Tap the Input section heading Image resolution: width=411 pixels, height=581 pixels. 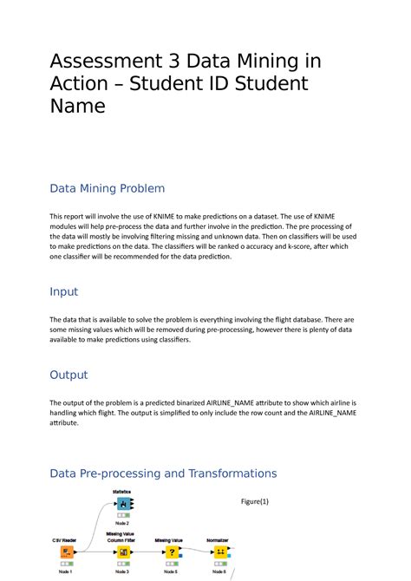(x=64, y=292)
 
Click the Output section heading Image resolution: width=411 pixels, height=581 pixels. (x=68, y=375)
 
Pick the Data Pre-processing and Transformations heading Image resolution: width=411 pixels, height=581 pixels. (x=163, y=473)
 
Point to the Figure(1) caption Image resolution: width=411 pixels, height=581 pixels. (x=255, y=501)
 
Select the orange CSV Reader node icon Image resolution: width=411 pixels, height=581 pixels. (x=66, y=552)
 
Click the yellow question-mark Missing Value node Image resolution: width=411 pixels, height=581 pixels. (x=171, y=552)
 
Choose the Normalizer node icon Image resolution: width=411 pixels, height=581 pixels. (x=220, y=552)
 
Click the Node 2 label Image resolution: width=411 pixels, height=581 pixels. (x=121, y=524)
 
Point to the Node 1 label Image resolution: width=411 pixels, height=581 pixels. (x=66, y=571)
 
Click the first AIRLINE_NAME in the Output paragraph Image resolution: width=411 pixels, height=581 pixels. (x=238, y=403)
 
